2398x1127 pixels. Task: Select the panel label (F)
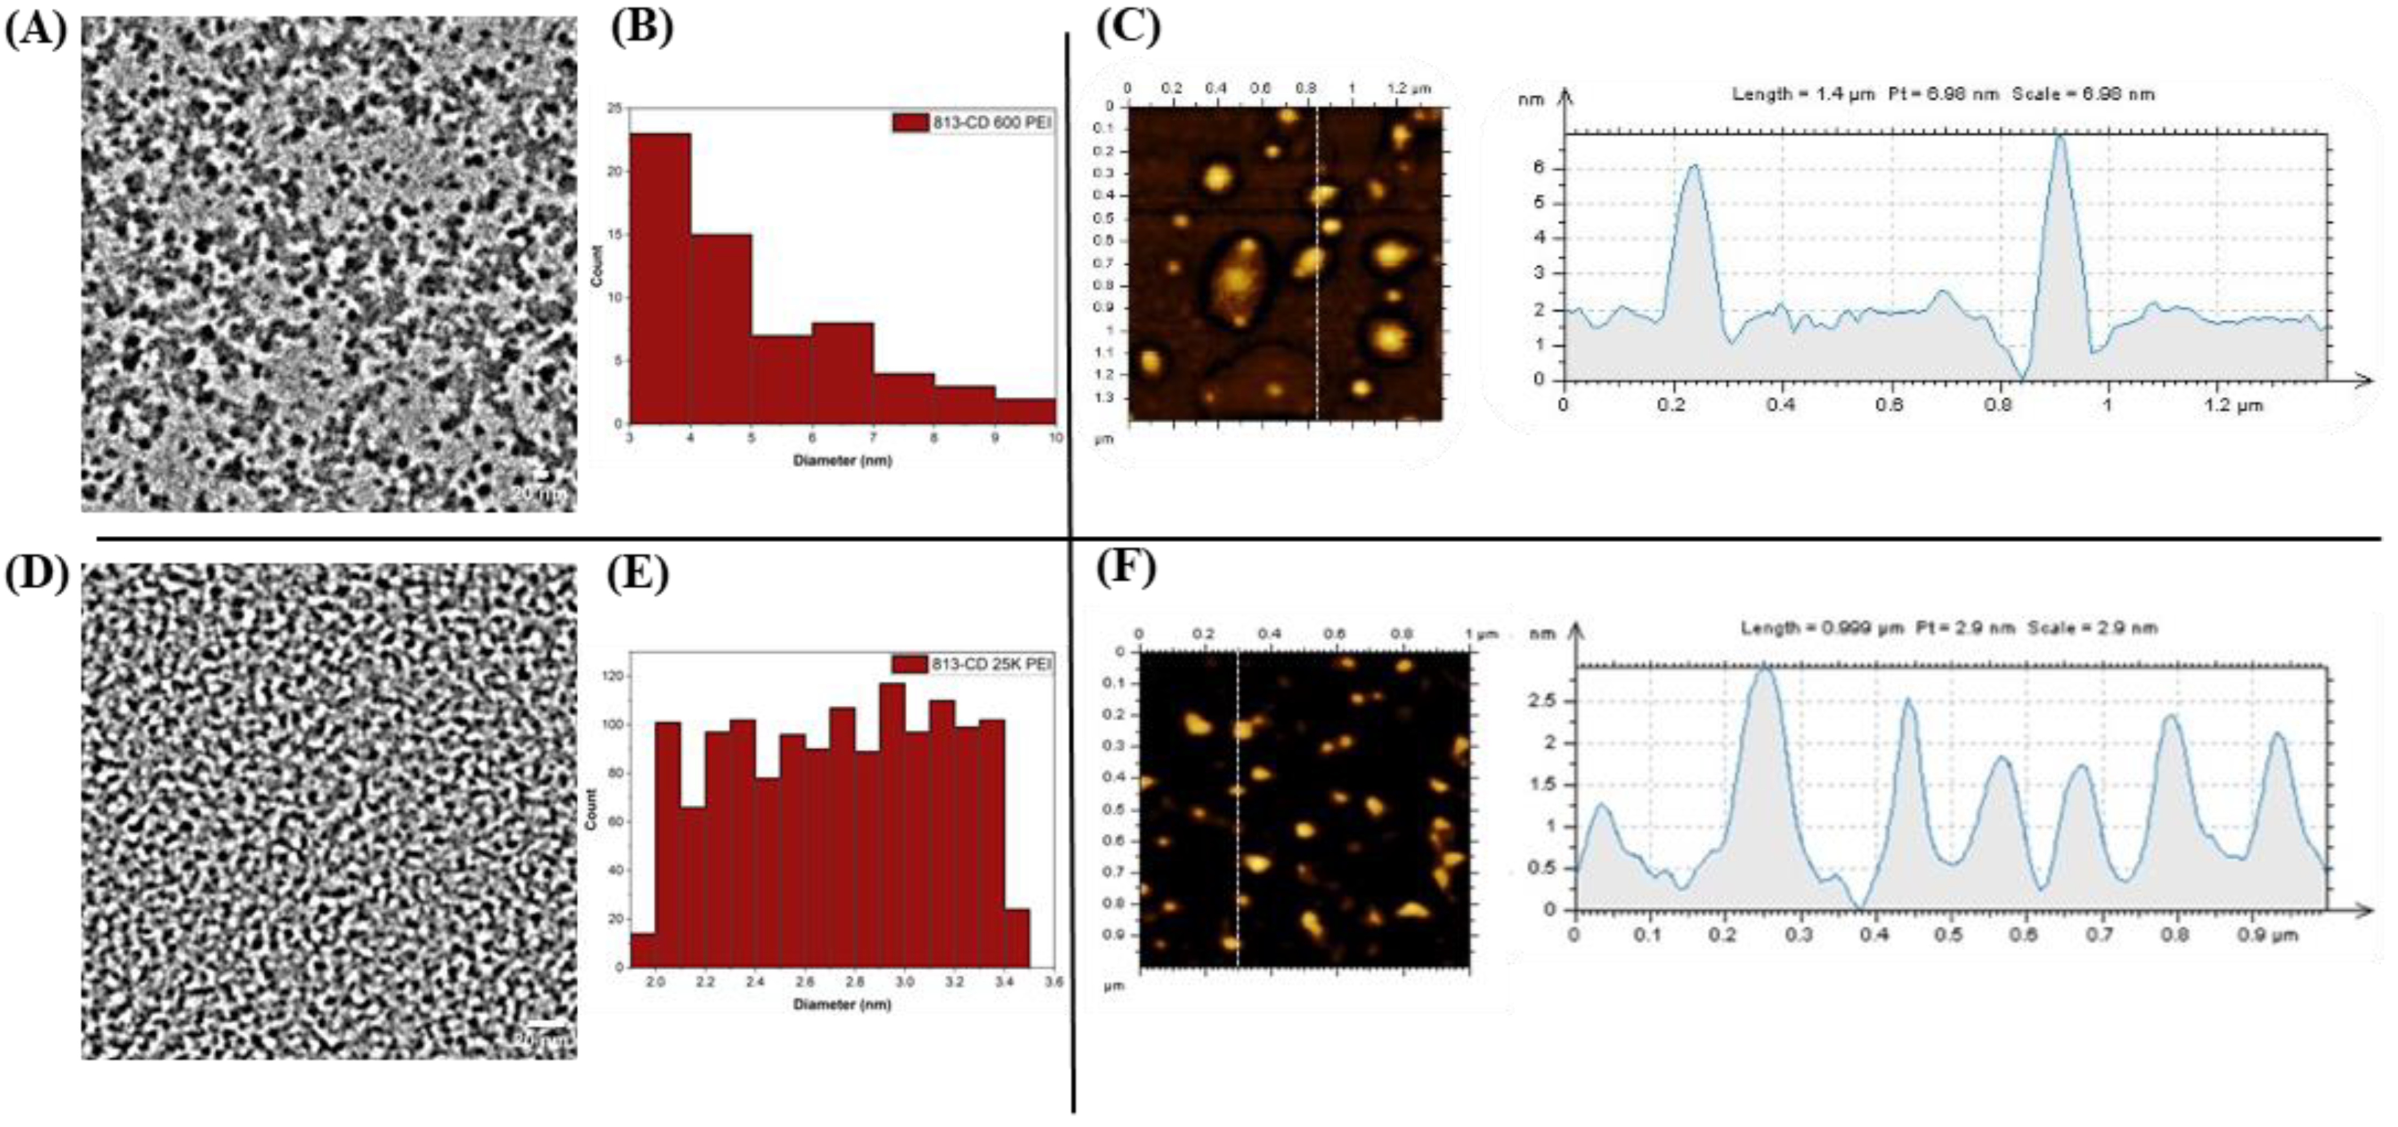tap(1126, 568)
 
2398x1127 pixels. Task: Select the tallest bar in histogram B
tap(660, 279)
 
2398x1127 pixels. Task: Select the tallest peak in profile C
tap(2059, 140)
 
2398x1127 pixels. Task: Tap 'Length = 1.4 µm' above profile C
tap(1802, 94)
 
